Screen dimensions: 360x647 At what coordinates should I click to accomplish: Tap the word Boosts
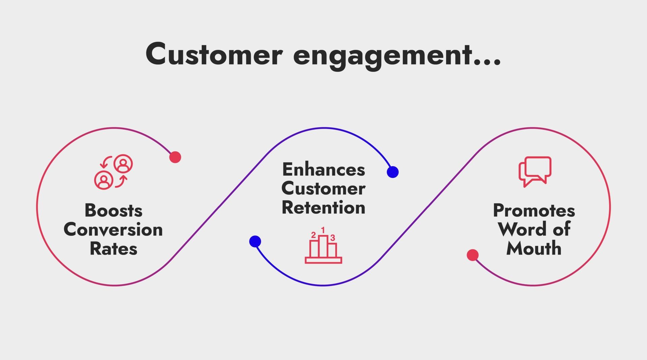(114, 211)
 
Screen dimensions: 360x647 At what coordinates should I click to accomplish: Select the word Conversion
(113, 230)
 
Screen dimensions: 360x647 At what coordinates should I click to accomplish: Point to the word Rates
(114, 249)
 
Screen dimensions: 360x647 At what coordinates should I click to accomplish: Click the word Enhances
(323, 169)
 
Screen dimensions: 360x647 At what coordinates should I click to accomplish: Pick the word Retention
(323, 207)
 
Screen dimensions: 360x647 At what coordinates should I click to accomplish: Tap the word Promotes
(534, 211)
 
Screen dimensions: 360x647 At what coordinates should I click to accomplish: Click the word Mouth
(534, 249)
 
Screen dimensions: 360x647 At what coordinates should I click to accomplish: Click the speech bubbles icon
(535, 171)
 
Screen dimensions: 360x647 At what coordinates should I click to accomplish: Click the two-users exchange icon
(114, 172)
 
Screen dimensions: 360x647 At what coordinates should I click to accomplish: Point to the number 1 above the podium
(323, 230)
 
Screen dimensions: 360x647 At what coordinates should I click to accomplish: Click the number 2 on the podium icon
(313, 235)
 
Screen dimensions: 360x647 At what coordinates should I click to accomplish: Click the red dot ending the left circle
(175, 157)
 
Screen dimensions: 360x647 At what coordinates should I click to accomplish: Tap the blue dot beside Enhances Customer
(393, 172)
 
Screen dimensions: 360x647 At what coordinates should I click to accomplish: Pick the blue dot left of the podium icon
(255, 241)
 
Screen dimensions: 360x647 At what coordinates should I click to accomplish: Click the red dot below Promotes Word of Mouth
(472, 255)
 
